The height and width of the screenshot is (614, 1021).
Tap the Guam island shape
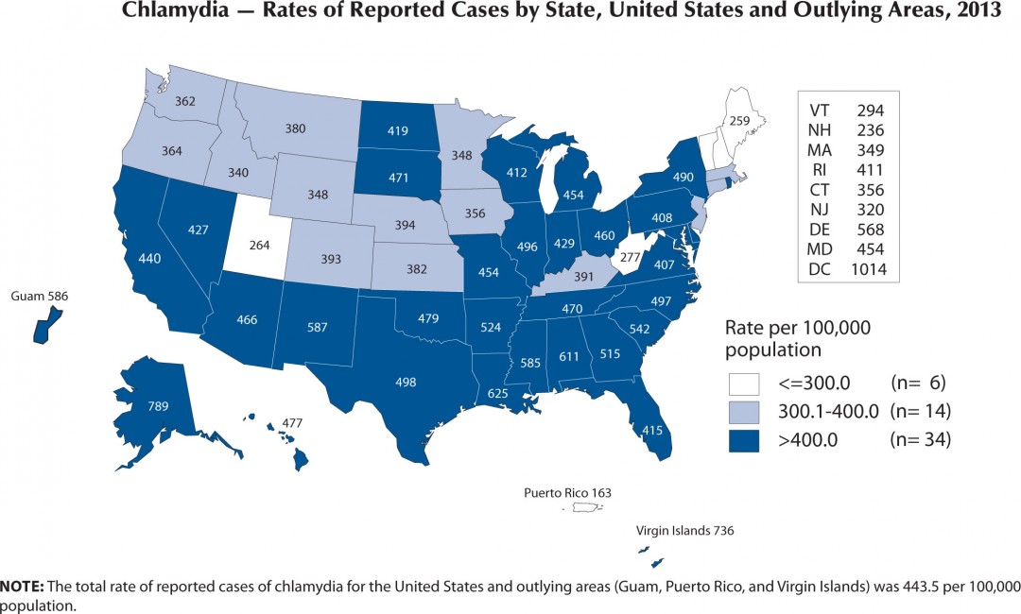point(41,331)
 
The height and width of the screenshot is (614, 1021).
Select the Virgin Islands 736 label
point(684,531)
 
